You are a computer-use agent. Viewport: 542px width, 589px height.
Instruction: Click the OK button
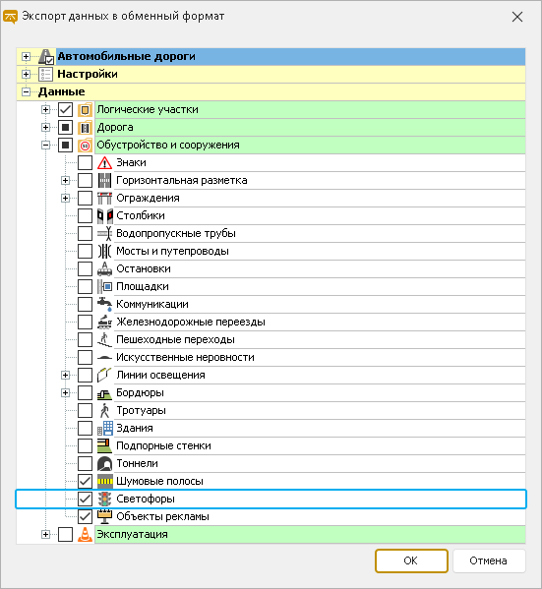[x=411, y=560]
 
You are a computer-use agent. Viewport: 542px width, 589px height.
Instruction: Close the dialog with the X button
[x=517, y=17]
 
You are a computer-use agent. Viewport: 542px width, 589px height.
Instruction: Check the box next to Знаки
[x=85, y=162]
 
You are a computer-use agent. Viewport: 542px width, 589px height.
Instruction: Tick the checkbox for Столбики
[x=85, y=215]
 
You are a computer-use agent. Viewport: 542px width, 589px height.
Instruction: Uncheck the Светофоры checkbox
[x=85, y=499]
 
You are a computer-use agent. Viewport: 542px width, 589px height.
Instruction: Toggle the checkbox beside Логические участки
[x=65, y=109]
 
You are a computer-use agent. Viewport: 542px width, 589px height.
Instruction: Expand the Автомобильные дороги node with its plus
[x=26, y=56]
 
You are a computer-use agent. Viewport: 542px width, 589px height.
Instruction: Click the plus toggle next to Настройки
[x=26, y=74]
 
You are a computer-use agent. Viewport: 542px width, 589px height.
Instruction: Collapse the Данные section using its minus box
[x=26, y=91]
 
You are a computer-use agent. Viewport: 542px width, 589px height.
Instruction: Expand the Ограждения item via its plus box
[x=65, y=198]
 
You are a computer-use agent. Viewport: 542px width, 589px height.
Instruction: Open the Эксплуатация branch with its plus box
[x=45, y=534]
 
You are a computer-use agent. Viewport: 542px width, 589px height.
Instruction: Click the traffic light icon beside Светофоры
[x=105, y=499]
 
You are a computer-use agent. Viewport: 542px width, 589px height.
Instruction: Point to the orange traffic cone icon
[x=85, y=534]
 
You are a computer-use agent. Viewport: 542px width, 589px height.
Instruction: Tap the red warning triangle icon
[x=104, y=162]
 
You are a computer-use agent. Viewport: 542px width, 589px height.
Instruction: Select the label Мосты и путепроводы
[x=172, y=251]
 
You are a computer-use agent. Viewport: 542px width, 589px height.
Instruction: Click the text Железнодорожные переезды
[x=191, y=322]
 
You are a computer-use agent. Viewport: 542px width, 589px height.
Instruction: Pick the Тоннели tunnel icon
[x=104, y=463]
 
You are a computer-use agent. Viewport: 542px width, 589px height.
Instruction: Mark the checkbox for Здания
[x=85, y=428]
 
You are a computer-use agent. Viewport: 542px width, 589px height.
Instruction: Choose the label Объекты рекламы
[x=162, y=516]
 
